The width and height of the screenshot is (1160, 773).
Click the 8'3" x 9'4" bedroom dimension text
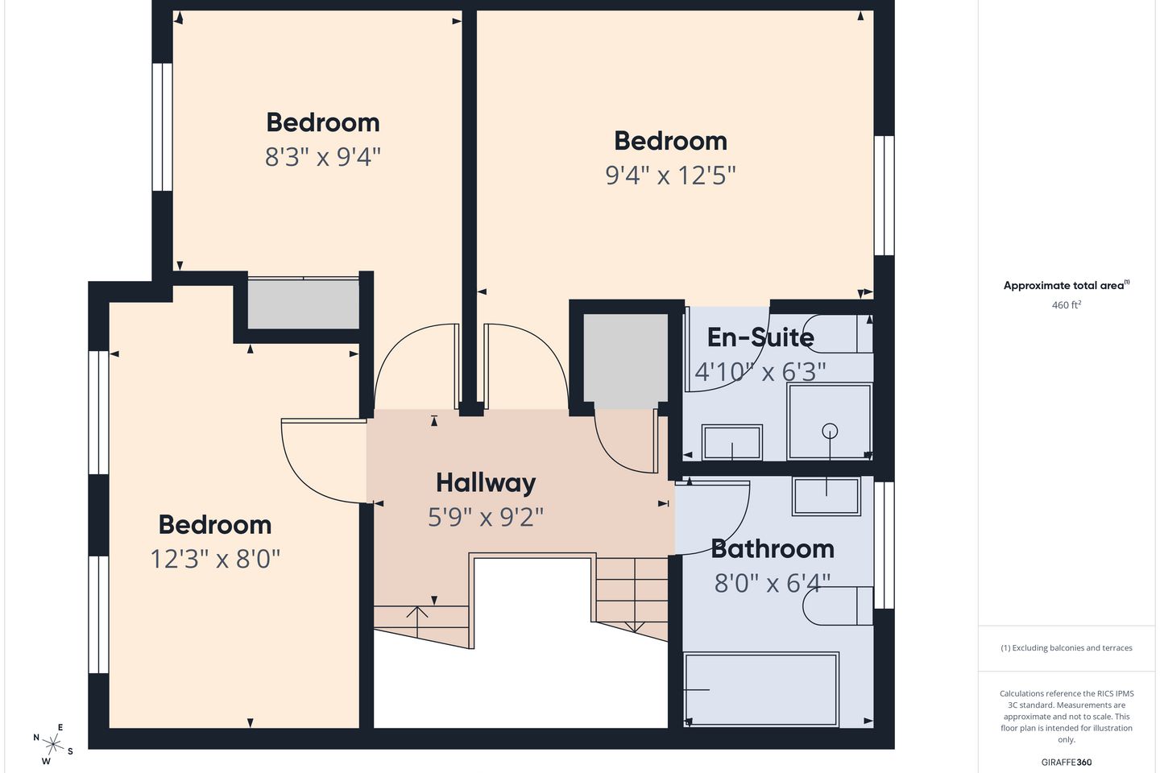[x=322, y=156]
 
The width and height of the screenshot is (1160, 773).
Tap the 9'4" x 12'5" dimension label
[x=670, y=175]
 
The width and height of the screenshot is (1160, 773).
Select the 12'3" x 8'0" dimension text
[x=215, y=559]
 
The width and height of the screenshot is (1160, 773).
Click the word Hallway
[x=486, y=483]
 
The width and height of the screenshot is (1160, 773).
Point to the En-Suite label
[x=760, y=337]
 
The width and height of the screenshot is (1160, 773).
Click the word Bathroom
[x=772, y=549]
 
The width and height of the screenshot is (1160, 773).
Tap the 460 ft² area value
[x=1067, y=305]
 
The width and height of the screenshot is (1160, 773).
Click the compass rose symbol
[x=53, y=745]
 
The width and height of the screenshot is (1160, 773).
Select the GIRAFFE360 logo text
[x=1067, y=762]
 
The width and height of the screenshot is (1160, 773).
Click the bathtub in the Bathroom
[x=760, y=689]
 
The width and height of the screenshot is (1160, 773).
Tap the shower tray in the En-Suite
[x=830, y=421]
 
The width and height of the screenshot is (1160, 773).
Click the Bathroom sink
[x=826, y=496]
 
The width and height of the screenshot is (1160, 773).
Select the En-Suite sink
[x=731, y=441]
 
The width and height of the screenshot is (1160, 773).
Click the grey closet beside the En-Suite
[x=626, y=361]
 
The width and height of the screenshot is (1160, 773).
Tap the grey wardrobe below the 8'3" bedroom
[x=304, y=304]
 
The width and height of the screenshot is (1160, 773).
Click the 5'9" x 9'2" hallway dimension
[x=486, y=517]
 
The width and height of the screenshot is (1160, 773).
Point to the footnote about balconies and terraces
[x=1067, y=647]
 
